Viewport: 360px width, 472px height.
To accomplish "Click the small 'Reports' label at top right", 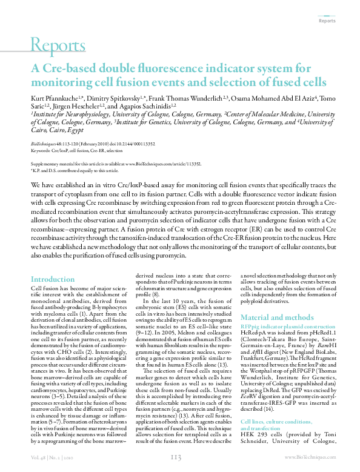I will [x=327, y=21].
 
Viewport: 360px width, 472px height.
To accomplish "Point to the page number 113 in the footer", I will [x=176, y=457].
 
